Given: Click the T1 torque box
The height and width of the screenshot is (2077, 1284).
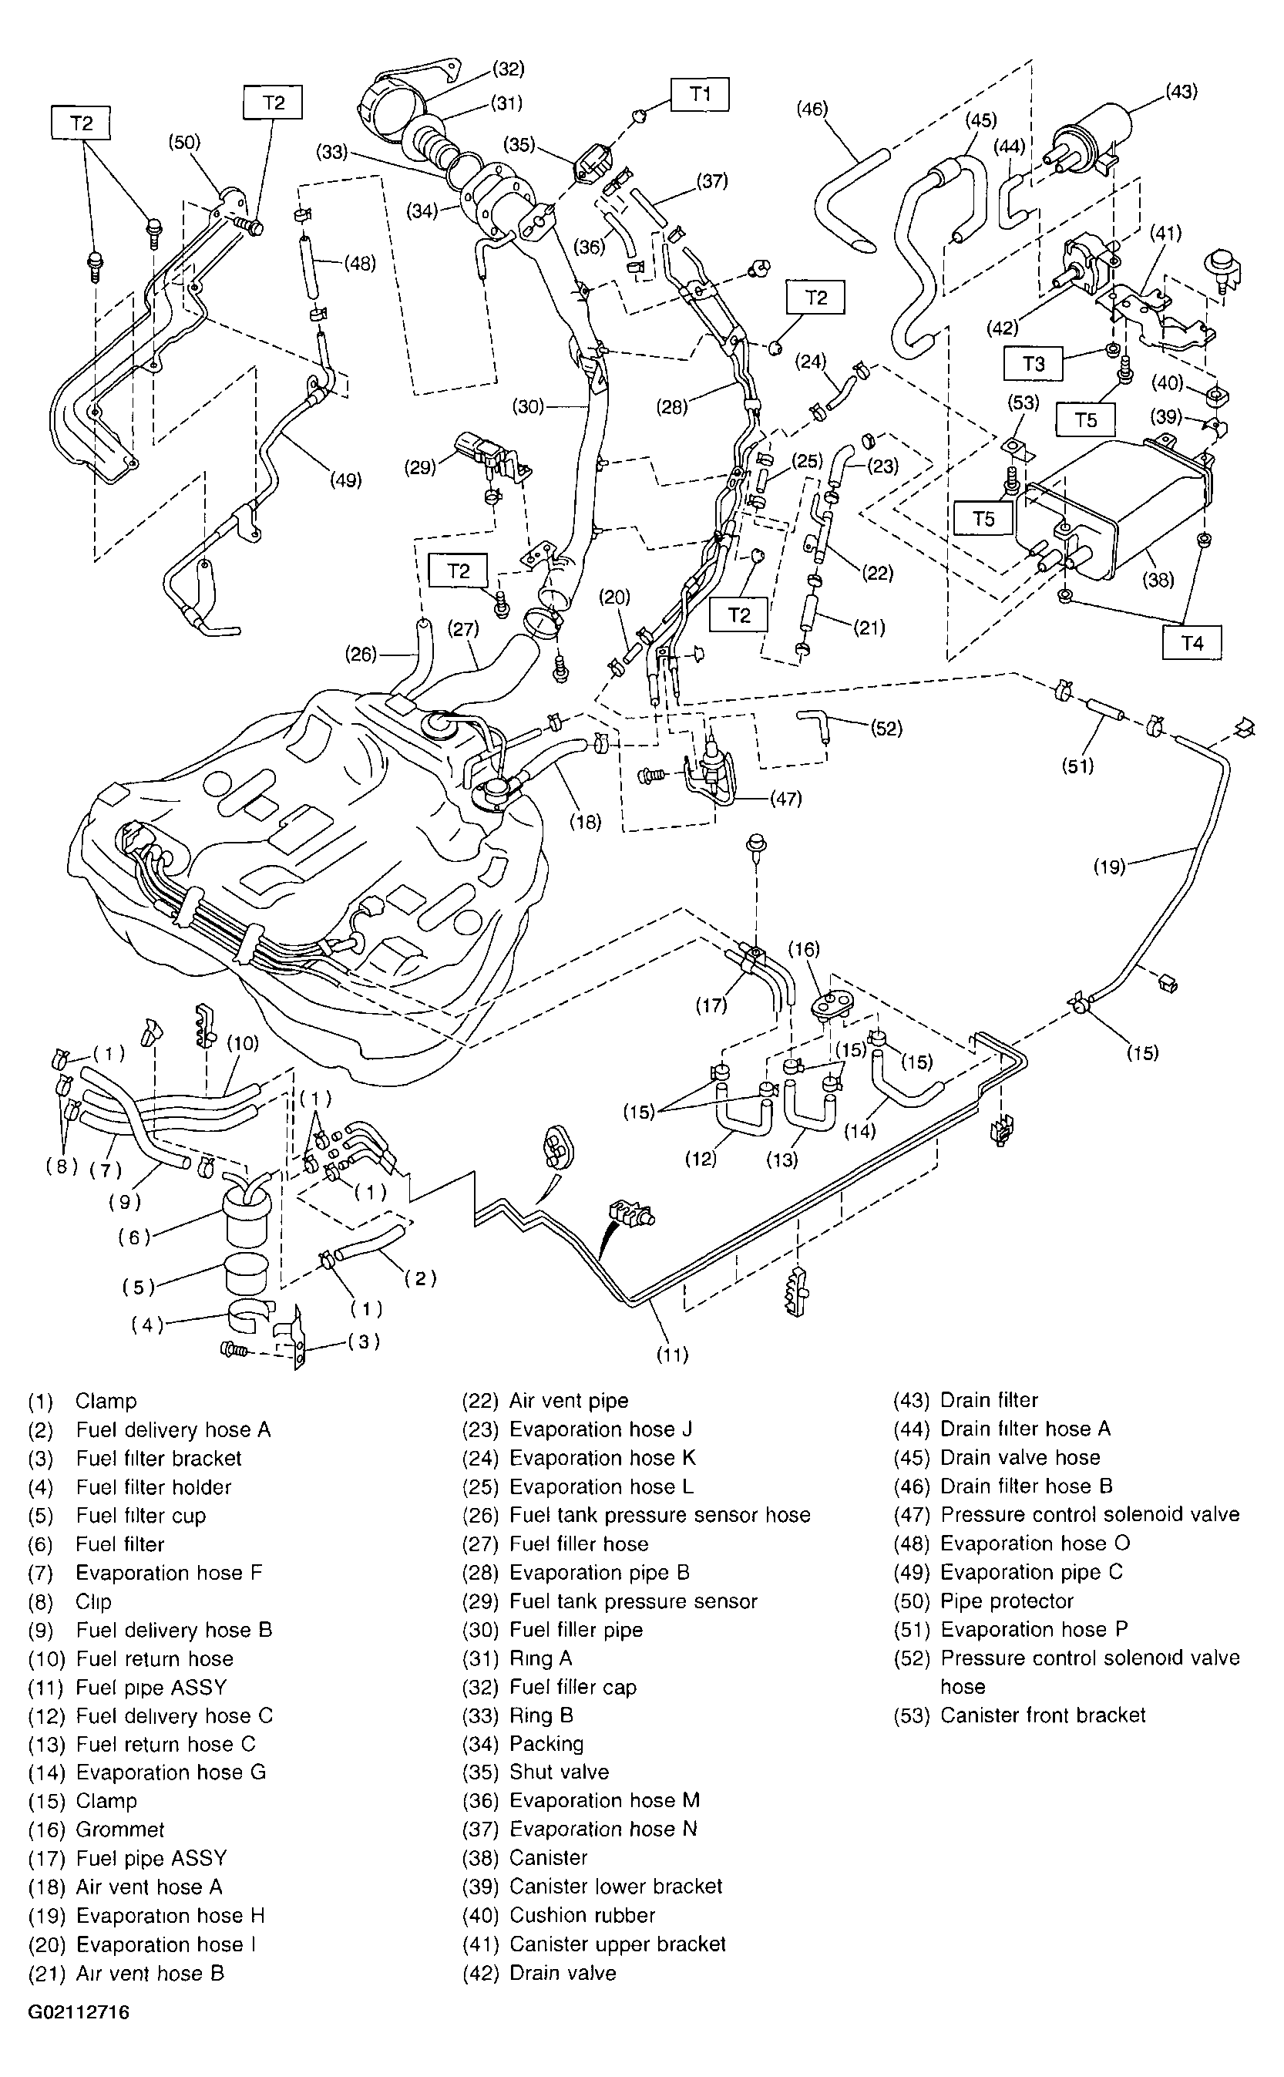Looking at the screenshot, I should [x=700, y=94].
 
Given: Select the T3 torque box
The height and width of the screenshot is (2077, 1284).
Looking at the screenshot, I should [x=1033, y=364].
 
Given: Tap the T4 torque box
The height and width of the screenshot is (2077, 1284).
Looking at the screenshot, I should [x=1192, y=643].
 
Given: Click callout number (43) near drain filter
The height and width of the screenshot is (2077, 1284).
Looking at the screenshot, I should [x=1181, y=91].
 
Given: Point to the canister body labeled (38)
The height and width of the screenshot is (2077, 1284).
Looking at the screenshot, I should [x=1121, y=510].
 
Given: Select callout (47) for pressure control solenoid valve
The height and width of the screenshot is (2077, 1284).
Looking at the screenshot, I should [x=785, y=798].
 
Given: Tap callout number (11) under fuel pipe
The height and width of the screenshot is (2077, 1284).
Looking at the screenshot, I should [x=672, y=1354].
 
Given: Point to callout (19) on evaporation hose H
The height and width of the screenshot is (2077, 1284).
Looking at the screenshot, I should [x=1109, y=867].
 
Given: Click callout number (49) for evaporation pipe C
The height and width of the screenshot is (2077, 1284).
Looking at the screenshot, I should [x=345, y=480].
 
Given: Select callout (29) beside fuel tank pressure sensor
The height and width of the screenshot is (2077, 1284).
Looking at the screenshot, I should [x=420, y=466].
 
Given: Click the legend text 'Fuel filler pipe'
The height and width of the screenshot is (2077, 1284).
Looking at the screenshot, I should [x=576, y=1629].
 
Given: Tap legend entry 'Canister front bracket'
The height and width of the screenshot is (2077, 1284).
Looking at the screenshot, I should [x=1043, y=1715].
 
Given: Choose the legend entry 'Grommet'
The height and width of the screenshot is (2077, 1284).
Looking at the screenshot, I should [x=119, y=1829].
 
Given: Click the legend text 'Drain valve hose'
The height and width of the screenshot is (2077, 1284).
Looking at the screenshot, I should [x=1020, y=1457].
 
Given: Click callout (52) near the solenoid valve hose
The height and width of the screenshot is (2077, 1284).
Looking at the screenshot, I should [x=886, y=728].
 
